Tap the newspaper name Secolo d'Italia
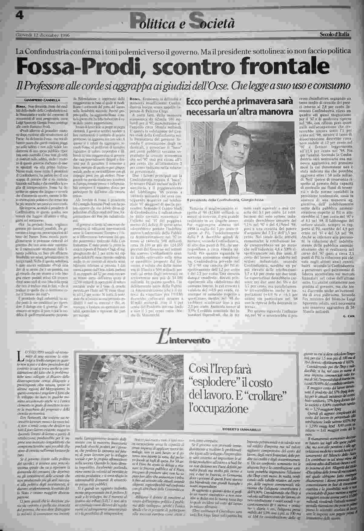pos(334,35)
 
